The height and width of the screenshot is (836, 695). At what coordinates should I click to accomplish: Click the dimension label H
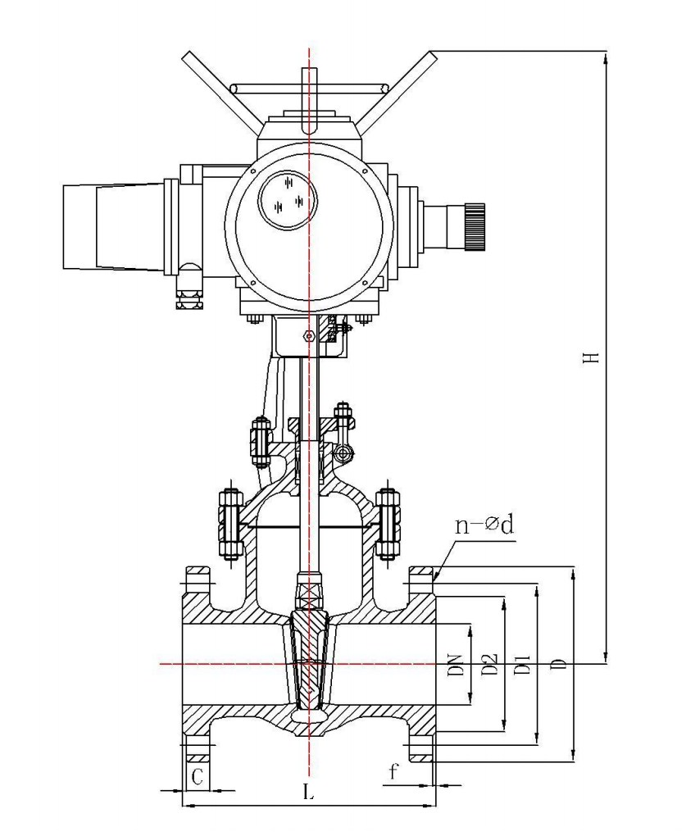(x=592, y=357)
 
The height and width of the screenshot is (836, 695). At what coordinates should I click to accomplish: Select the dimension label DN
(x=456, y=665)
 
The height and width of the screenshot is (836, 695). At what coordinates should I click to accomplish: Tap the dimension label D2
(x=490, y=665)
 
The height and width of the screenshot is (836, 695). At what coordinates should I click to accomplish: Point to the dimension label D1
(x=522, y=665)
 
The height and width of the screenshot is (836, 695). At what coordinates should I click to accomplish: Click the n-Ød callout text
(x=484, y=525)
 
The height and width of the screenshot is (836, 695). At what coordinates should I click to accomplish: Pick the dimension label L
(x=309, y=792)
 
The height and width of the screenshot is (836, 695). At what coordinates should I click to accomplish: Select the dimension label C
(x=198, y=777)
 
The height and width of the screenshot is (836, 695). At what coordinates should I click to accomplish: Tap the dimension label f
(x=393, y=771)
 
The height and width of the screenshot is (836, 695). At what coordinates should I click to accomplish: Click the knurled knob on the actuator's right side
(x=474, y=226)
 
